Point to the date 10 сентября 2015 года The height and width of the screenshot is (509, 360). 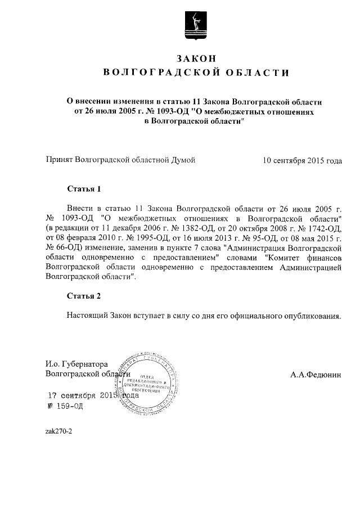[x=302, y=160]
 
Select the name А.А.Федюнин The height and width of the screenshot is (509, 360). [x=316, y=373]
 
